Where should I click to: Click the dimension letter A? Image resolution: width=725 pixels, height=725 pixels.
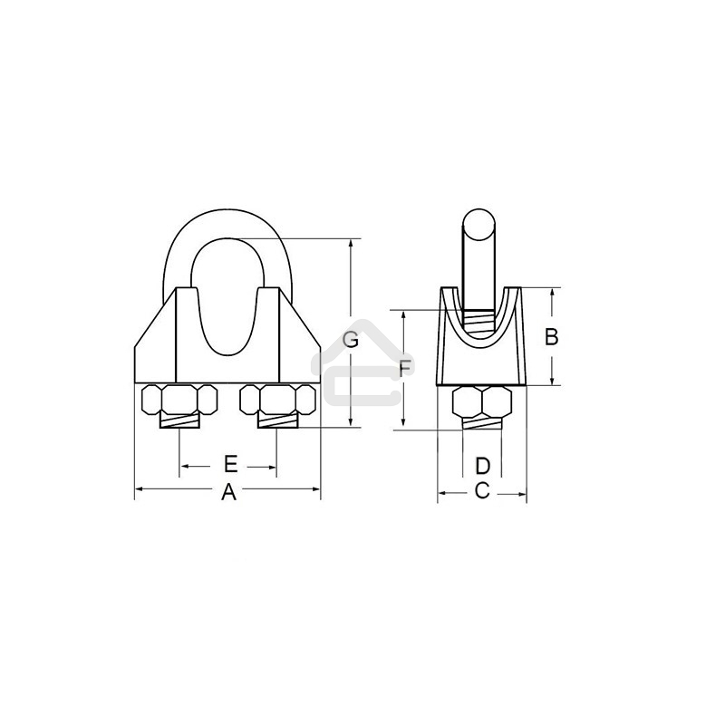pyautogui.click(x=228, y=492)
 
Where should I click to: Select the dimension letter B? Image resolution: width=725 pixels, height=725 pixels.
pyautogui.click(x=551, y=337)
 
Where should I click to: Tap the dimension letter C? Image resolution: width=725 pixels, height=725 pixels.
pyautogui.click(x=482, y=490)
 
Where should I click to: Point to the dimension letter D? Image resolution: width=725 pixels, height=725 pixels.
pyautogui.click(x=482, y=466)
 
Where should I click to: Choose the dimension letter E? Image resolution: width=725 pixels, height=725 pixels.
pyautogui.click(x=230, y=464)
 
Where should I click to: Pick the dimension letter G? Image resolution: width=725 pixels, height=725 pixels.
pyautogui.click(x=351, y=340)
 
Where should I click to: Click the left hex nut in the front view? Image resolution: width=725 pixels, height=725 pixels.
pyautogui.click(x=179, y=400)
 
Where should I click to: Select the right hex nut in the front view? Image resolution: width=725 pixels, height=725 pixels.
pyautogui.click(x=278, y=400)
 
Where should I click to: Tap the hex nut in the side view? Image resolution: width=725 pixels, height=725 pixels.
pyautogui.click(x=482, y=401)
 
